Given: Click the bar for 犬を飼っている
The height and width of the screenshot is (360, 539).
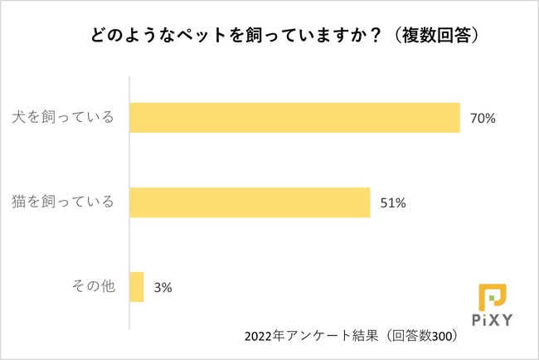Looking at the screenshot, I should click(294, 118).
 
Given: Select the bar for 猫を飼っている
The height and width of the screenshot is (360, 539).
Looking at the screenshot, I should click(250, 202).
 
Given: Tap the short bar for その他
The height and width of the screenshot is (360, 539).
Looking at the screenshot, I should click(137, 288).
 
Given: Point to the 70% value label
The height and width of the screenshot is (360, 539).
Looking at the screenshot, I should click(483, 119).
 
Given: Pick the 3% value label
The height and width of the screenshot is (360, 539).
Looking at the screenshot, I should click(162, 289).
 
